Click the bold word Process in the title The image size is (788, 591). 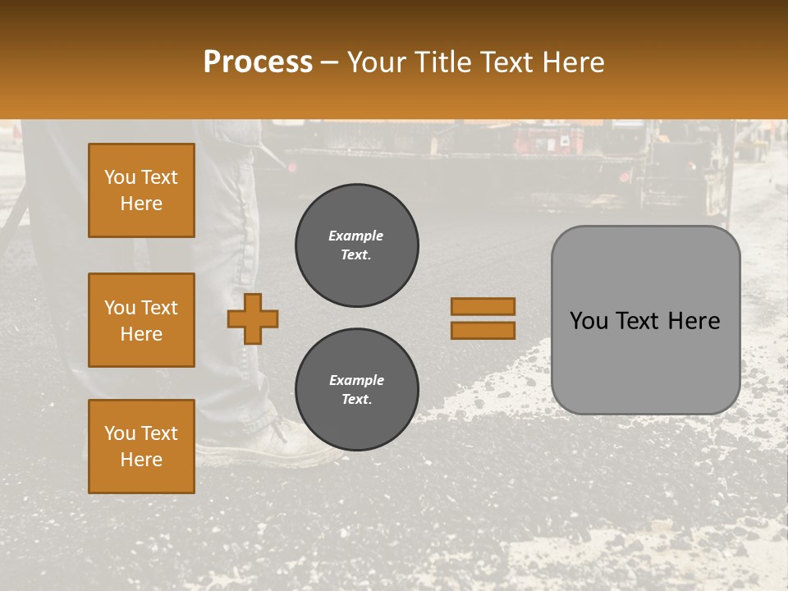[258, 62]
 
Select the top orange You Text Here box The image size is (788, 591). [141, 190]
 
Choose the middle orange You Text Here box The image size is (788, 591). [141, 320]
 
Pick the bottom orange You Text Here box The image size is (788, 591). [141, 447]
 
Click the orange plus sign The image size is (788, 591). [253, 318]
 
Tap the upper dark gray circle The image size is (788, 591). [356, 245]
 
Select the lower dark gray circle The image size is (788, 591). [356, 390]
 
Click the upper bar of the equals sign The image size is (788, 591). [483, 306]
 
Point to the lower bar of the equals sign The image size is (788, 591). [483, 330]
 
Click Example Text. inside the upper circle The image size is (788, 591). [356, 245]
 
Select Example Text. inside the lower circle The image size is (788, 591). [356, 390]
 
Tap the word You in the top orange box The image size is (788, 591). [120, 177]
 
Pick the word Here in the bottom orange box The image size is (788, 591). [141, 460]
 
